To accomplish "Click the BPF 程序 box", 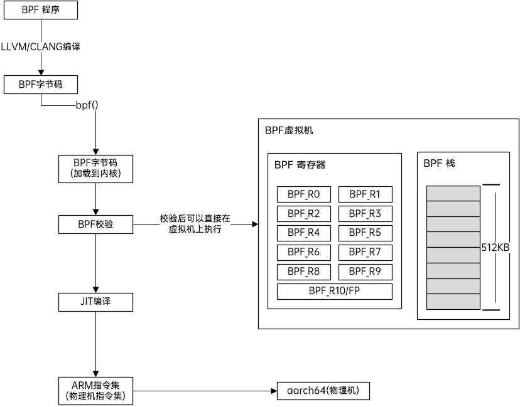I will point(41,11).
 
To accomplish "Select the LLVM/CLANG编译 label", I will point(41,46).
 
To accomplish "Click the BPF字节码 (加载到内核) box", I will point(95,169).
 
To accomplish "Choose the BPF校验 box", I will point(95,223).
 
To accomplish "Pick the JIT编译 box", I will point(95,302).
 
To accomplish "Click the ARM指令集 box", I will point(95,389).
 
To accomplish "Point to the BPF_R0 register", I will point(304,194).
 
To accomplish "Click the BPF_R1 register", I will point(365,194).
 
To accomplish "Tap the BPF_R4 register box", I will point(304,233).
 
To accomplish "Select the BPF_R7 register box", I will point(365,253).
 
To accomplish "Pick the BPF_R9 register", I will point(365,272).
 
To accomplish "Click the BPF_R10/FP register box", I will point(334,292).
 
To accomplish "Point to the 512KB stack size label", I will point(495,247).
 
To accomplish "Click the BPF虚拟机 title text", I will point(289,131).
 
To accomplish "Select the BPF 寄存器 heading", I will point(300,165).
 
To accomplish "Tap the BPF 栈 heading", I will point(439,163).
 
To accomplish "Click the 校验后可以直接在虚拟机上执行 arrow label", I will point(195,224).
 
